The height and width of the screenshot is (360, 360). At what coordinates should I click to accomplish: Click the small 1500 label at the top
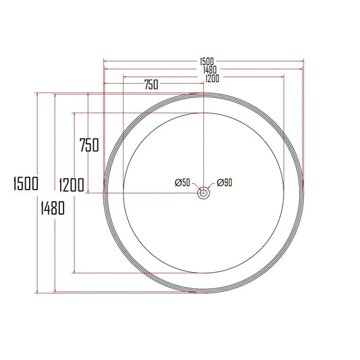tap(203, 61)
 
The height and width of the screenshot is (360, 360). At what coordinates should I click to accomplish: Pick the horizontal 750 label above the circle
tap(151, 84)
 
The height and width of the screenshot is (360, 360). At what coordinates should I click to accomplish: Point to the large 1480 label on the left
tap(51, 208)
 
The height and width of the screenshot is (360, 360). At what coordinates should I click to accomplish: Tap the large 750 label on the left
tap(89, 145)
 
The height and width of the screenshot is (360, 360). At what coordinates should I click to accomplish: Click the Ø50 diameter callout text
tap(182, 182)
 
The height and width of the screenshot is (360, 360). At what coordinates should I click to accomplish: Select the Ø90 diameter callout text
tap(224, 182)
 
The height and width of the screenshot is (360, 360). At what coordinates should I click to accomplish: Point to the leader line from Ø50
tap(197, 186)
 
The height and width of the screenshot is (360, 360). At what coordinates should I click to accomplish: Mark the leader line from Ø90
tap(210, 186)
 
